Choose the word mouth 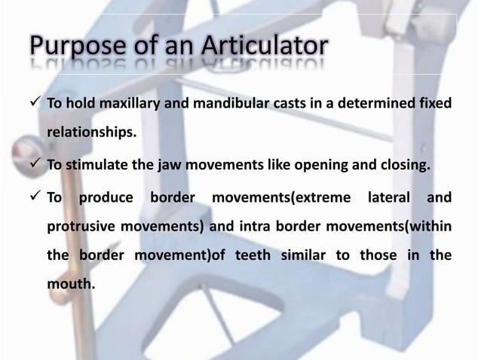(x=72, y=285)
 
